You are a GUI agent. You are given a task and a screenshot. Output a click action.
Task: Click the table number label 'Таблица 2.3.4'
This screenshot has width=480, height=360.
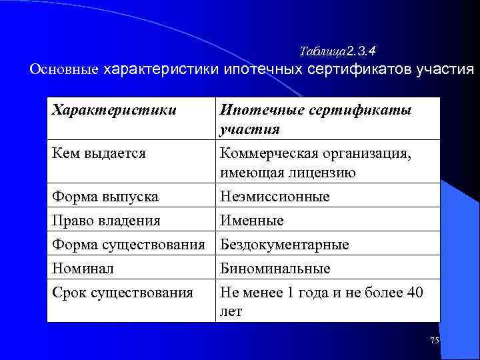click(338, 51)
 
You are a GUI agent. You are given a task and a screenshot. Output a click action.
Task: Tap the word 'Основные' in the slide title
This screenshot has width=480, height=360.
click(64, 69)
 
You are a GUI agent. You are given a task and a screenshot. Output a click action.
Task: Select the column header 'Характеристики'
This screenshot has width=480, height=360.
click(114, 110)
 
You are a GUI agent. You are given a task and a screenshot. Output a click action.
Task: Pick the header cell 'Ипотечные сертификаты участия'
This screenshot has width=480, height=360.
click(315, 119)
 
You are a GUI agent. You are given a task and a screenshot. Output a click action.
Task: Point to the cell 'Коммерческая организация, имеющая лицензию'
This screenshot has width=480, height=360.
click(315, 163)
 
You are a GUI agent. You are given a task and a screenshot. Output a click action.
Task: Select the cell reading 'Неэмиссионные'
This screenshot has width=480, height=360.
click(275, 197)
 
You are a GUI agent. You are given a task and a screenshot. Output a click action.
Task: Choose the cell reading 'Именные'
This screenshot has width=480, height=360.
click(252, 220)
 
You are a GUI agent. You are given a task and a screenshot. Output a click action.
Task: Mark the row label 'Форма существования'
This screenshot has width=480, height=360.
click(127, 244)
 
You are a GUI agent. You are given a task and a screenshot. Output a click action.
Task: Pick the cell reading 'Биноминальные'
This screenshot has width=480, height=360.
click(275, 268)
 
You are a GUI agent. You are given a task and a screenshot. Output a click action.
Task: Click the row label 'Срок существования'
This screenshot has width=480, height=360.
click(122, 292)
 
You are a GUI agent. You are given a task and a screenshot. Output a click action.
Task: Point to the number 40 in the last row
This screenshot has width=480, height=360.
click(414, 292)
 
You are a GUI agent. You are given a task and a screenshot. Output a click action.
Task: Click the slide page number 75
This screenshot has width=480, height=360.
click(434, 341)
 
